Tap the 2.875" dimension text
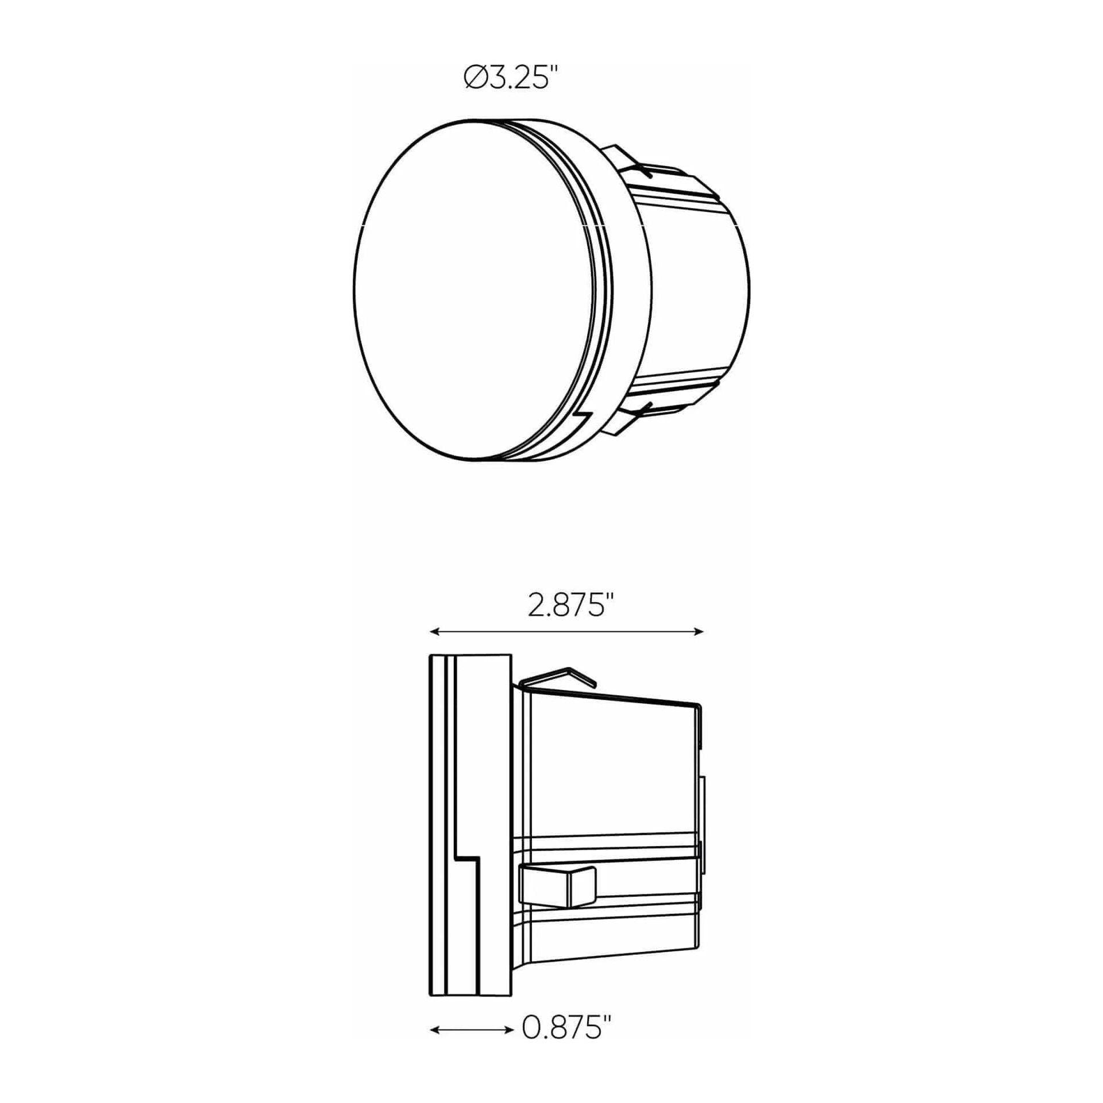pyautogui.click(x=566, y=606)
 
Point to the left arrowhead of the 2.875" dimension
pyautogui.click(x=435, y=632)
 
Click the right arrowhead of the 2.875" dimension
pyautogui.click(x=699, y=632)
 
